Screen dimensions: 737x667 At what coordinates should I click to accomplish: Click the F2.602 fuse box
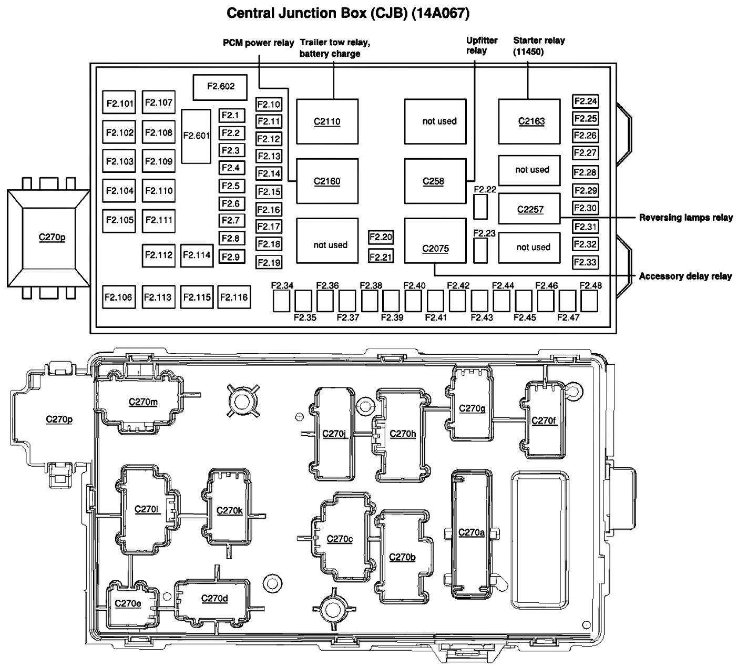click(220, 87)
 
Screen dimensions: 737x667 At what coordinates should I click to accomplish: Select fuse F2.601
click(196, 136)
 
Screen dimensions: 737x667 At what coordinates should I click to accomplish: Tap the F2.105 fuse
click(120, 220)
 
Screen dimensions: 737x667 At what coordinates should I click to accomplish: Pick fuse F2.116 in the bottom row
click(234, 297)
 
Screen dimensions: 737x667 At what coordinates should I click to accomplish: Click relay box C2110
click(327, 121)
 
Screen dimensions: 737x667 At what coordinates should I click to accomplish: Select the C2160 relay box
click(327, 181)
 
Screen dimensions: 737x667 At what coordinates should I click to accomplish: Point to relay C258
click(435, 181)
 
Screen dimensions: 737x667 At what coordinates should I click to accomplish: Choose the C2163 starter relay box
click(529, 121)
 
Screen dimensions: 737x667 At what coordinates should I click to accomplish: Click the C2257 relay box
click(529, 209)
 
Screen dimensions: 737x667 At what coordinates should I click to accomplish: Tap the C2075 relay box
click(435, 248)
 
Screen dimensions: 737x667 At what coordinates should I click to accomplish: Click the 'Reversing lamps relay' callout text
click(685, 217)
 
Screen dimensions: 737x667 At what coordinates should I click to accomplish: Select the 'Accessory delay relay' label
click(685, 276)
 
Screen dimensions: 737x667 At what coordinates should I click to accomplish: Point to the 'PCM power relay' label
click(258, 43)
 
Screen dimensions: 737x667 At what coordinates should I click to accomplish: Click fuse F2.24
click(585, 101)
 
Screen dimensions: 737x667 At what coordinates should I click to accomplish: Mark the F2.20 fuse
click(381, 238)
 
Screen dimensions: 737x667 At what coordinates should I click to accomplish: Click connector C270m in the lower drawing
click(143, 402)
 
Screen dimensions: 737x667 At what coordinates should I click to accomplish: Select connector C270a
click(472, 532)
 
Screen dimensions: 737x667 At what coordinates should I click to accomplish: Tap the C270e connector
click(128, 603)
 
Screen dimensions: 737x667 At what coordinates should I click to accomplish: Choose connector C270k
click(230, 510)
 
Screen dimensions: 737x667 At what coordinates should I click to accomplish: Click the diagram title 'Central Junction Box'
click(347, 13)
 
